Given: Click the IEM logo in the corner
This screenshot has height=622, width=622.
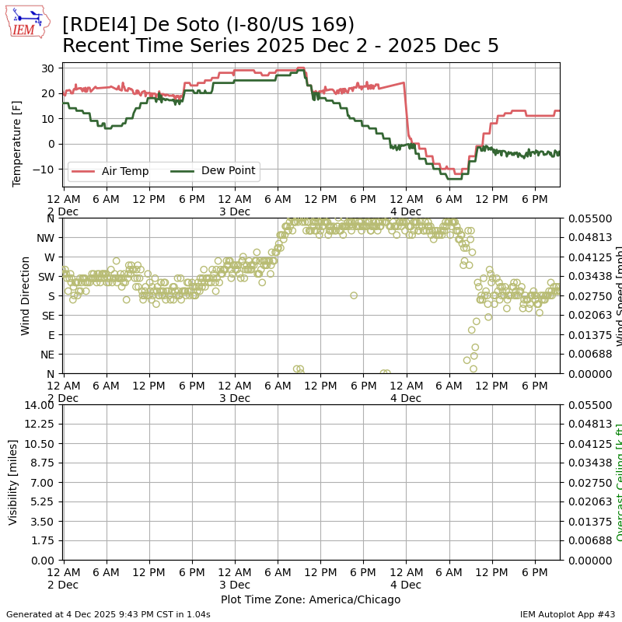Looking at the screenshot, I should pos(27,22).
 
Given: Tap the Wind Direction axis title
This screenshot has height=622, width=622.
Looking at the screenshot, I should pos(26,295).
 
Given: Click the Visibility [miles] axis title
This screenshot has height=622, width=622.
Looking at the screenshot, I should pos(13,482).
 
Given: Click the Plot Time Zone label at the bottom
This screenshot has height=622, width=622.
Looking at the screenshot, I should pos(310,599).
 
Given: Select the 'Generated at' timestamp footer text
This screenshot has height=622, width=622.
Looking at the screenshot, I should pos(108,614).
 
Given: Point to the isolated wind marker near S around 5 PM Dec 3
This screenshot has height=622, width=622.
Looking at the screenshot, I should pos(354,295).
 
